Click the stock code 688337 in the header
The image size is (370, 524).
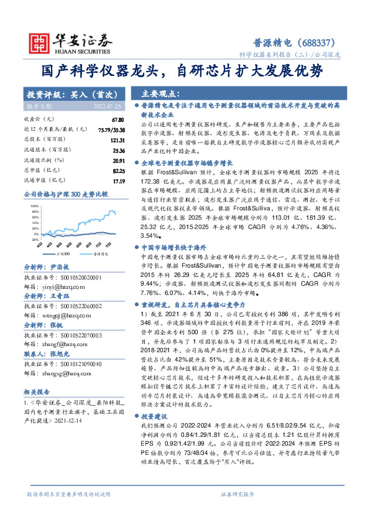[x=320, y=43]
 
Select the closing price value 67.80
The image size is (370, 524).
[x=118, y=119]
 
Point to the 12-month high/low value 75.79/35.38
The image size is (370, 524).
[x=110, y=129]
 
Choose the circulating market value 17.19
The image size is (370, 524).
[x=118, y=180]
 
